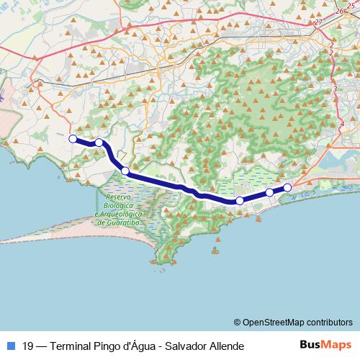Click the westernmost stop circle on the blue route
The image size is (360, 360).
point(72,139)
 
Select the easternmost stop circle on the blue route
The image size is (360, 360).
point(287,188)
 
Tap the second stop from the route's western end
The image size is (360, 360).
point(99,143)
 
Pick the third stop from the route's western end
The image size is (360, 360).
point(125,171)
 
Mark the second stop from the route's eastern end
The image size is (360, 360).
point(269,192)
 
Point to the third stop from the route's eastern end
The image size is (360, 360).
point(240,201)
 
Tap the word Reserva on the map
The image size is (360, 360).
point(117,197)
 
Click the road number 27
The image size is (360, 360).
point(318,22)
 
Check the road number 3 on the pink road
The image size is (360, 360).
point(335,89)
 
